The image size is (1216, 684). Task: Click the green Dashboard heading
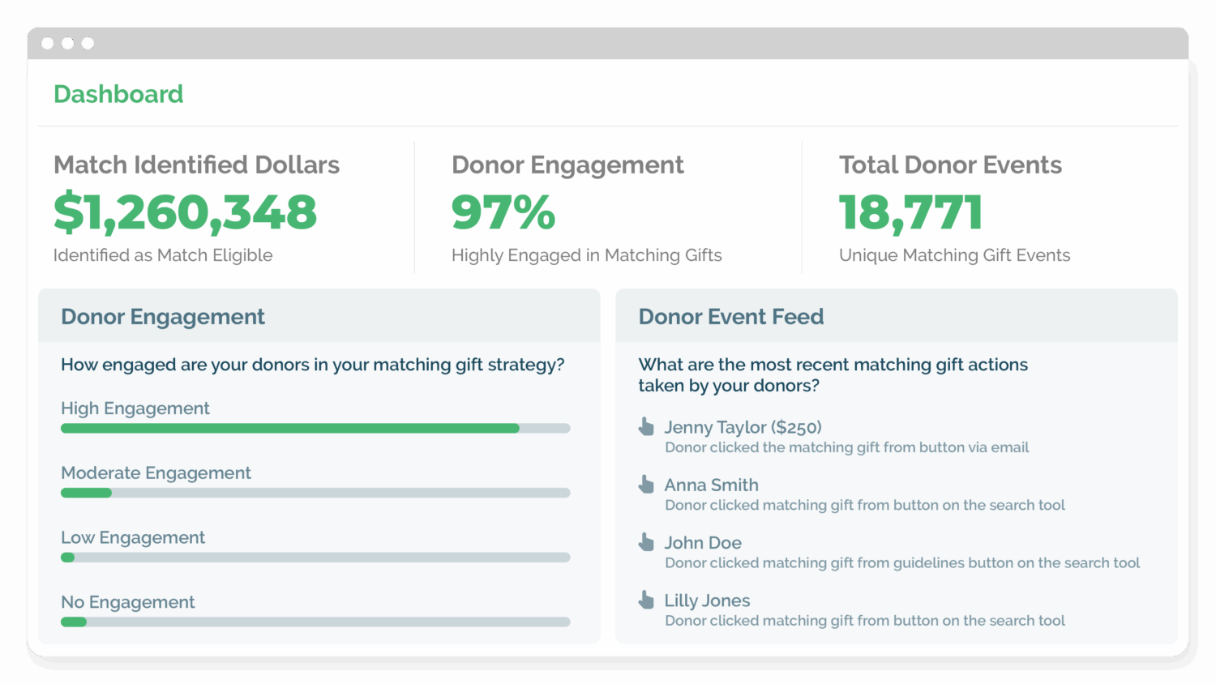pyautogui.click(x=118, y=94)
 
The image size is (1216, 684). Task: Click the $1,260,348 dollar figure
pyautogui.click(x=185, y=212)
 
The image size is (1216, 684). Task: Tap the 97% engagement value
pyautogui.click(x=503, y=212)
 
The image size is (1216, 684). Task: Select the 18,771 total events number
pyautogui.click(x=910, y=212)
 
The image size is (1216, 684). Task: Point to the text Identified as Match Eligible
pyautogui.click(x=163, y=255)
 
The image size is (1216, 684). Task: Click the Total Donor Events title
pyautogui.click(x=950, y=165)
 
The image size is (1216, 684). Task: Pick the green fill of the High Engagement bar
pyautogui.click(x=290, y=428)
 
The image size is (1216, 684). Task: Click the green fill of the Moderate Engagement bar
pyautogui.click(x=86, y=493)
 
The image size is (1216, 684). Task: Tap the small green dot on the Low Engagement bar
pyautogui.click(x=68, y=558)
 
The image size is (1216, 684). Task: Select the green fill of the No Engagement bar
pyautogui.click(x=74, y=622)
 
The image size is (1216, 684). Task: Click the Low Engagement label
pyautogui.click(x=133, y=538)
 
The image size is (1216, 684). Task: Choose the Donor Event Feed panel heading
pyautogui.click(x=730, y=317)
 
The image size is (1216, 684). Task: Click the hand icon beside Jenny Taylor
pyautogui.click(x=646, y=426)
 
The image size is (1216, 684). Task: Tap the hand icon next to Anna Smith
pyautogui.click(x=646, y=484)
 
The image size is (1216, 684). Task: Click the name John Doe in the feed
pyautogui.click(x=703, y=543)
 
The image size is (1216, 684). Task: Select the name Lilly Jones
pyautogui.click(x=707, y=601)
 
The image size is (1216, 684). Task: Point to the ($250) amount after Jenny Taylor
pyautogui.click(x=796, y=427)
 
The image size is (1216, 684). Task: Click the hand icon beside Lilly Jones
pyautogui.click(x=646, y=600)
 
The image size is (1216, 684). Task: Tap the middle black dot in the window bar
pyautogui.click(x=67, y=43)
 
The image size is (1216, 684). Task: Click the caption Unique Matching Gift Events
pyautogui.click(x=954, y=255)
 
